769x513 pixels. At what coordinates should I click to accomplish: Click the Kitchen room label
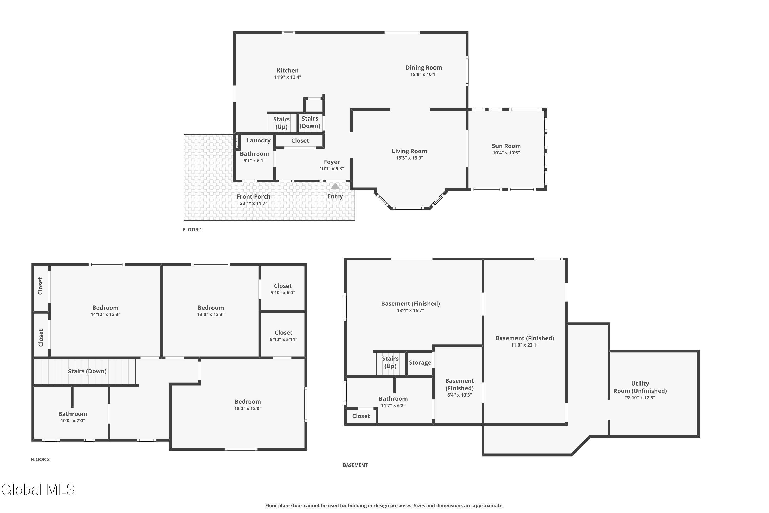point(287,70)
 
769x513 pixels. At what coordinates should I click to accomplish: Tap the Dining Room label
point(424,67)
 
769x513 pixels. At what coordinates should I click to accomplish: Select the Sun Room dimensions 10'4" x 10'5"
point(506,153)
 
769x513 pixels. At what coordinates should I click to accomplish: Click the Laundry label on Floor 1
point(259,140)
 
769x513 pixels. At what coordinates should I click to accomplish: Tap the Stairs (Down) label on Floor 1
point(310,122)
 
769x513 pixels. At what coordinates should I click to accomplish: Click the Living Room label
point(409,151)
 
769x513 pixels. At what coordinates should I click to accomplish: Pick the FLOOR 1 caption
point(192,230)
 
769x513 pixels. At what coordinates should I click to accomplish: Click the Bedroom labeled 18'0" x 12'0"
point(248,402)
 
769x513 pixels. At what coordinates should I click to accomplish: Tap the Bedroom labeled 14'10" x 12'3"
point(105,308)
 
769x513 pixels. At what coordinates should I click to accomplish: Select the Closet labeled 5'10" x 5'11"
point(284,333)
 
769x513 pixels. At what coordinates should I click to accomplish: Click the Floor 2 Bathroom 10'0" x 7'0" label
point(73,414)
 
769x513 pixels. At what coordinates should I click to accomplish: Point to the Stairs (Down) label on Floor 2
point(87,371)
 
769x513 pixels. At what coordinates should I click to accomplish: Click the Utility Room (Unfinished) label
point(640,387)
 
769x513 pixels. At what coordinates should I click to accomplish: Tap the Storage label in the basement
point(420,363)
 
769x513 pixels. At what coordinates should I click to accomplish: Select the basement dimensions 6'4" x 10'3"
point(459,395)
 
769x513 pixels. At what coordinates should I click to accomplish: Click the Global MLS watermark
point(38,489)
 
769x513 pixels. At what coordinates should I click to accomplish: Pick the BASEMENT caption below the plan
point(355,465)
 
